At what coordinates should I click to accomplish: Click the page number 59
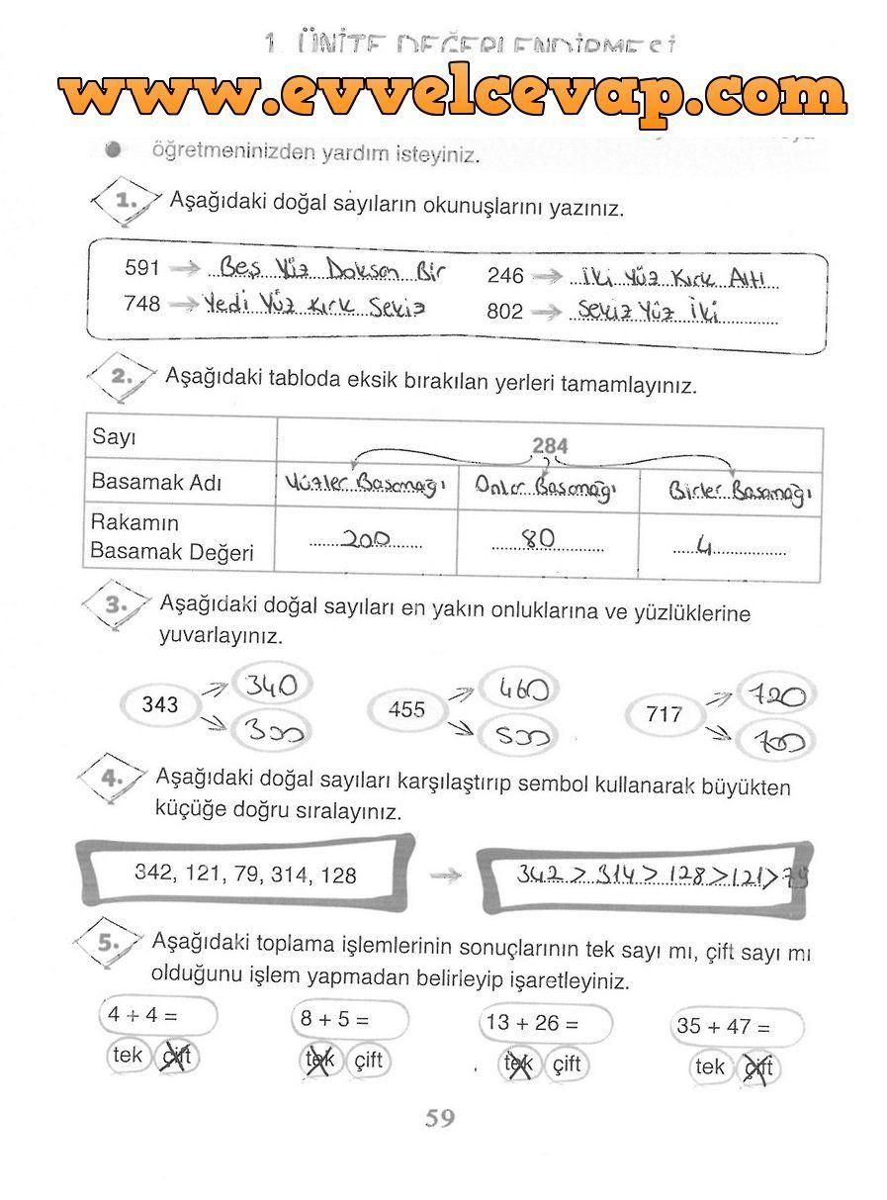click(x=440, y=1119)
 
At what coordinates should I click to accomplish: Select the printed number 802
click(x=504, y=312)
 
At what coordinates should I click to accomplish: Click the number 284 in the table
click(x=550, y=446)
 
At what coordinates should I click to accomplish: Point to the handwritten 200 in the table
click(x=365, y=538)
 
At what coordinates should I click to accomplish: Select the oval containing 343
click(x=161, y=704)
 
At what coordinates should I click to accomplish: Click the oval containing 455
click(x=406, y=709)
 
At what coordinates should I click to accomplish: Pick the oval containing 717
click(x=664, y=713)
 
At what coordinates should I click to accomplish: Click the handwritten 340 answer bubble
click(x=269, y=685)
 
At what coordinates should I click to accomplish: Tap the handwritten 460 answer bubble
click(x=523, y=689)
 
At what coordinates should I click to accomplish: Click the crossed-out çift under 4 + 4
click(x=178, y=1057)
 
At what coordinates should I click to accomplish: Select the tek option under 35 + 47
click(x=710, y=1067)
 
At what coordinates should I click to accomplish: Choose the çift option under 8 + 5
click(x=369, y=1061)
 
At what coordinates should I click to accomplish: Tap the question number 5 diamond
click(x=108, y=944)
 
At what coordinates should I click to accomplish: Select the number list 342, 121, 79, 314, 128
click(x=245, y=875)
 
